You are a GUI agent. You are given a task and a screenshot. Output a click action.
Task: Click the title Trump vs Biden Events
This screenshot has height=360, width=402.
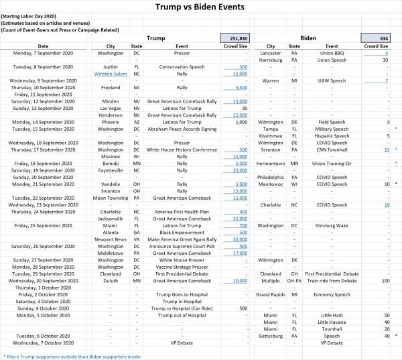click(x=200, y=8)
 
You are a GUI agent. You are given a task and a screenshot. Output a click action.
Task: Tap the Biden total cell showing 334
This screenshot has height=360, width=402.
click(x=376, y=38)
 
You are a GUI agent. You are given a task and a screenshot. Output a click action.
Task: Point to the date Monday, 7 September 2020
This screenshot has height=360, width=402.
click(x=43, y=52)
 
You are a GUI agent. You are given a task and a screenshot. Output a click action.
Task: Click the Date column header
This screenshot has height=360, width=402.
click(x=43, y=46)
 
